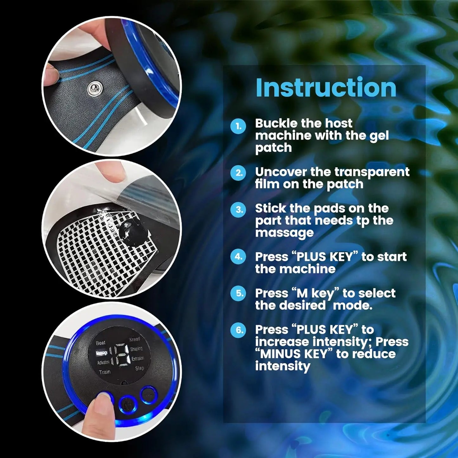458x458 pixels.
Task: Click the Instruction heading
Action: (326, 88)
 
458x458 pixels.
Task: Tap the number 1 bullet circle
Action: (238, 126)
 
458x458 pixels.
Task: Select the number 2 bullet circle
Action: (238, 173)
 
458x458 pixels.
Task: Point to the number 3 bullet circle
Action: (238, 210)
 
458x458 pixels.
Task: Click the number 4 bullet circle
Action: (238, 256)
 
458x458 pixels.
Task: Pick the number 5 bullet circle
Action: (238, 293)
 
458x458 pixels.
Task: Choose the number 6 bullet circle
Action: (238, 330)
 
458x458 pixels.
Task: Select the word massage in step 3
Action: (284, 233)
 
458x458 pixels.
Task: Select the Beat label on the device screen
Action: (100, 343)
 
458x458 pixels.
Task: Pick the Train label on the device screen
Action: (105, 372)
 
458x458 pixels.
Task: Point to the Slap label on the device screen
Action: (139, 368)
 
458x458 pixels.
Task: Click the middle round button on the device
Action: (128, 404)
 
